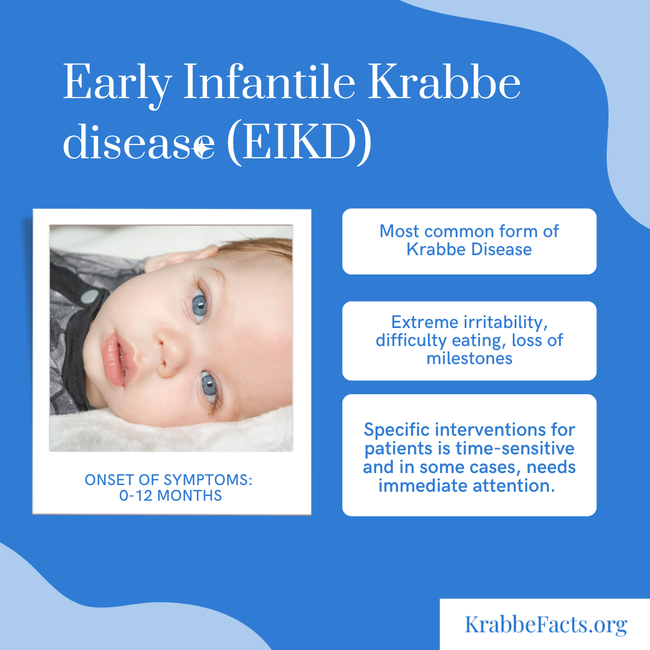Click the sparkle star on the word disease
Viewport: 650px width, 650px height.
[x=202, y=147]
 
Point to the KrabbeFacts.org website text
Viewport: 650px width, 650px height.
[x=545, y=624]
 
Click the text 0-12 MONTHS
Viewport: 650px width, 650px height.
[x=170, y=495]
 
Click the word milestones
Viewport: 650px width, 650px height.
[x=469, y=358]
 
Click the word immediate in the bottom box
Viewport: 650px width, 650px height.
[x=423, y=486]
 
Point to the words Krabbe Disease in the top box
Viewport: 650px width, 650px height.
[x=469, y=249]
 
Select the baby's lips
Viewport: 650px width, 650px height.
[x=114, y=359]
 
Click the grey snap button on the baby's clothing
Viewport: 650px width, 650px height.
[x=89, y=296]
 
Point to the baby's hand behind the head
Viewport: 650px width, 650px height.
[x=181, y=256]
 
